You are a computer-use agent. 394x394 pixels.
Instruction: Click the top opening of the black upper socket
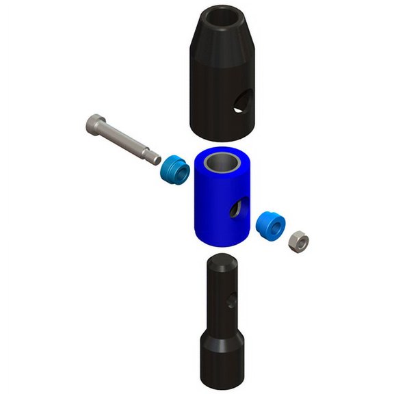222,18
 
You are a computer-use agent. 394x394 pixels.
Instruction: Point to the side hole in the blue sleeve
237,210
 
